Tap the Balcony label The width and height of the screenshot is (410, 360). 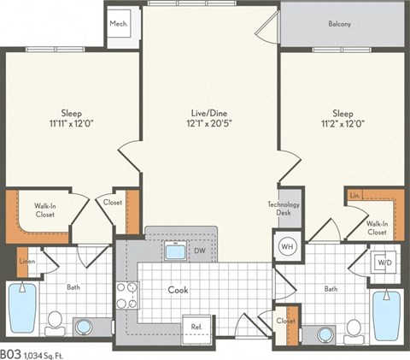click(x=339, y=24)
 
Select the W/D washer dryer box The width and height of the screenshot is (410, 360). click(x=382, y=262)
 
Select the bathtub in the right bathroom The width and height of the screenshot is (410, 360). click(x=386, y=315)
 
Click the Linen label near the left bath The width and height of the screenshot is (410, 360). click(x=26, y=261)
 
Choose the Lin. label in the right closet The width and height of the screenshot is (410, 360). click(x=354, y=196)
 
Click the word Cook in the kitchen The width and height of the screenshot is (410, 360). click(x=178, y=290)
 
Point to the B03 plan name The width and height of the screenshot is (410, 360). click(x=10, y=351)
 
